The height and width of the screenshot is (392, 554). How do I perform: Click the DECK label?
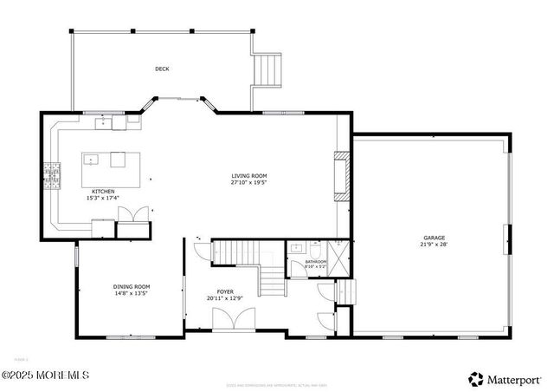162,69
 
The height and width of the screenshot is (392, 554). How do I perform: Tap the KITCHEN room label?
103,192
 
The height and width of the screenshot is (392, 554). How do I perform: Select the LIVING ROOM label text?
248,176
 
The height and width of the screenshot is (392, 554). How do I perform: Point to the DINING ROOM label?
132,286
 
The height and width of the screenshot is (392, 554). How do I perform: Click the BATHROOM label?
315,261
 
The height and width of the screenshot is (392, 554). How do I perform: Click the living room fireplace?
343,177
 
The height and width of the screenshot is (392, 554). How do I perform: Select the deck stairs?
267,69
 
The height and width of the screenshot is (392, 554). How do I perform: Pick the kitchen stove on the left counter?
55,175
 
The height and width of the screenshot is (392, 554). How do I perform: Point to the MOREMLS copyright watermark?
45,375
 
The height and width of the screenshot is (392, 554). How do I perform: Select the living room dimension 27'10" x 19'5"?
248,183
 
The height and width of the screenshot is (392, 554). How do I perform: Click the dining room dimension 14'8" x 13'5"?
132,293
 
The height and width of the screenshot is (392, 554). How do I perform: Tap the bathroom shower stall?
340,258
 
